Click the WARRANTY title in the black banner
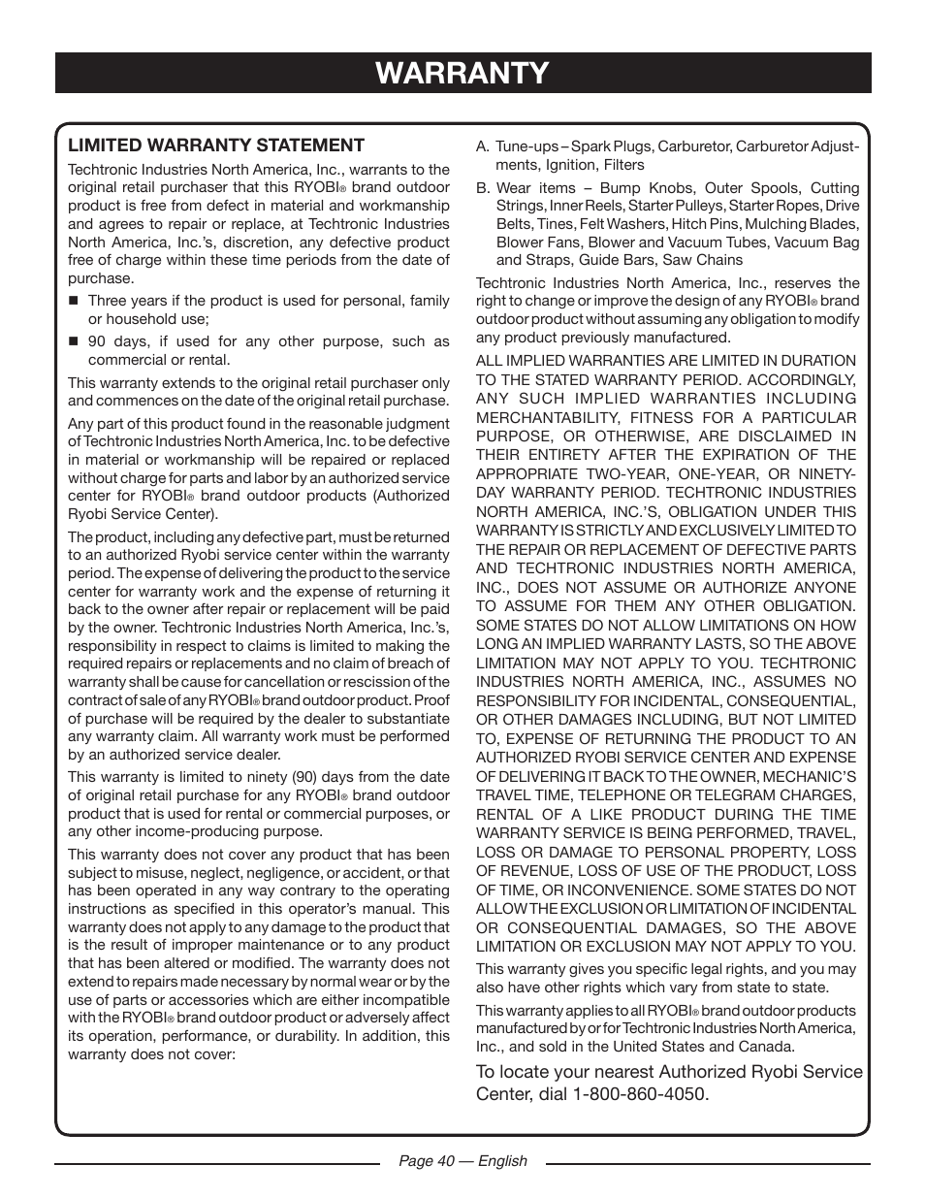(462, 73)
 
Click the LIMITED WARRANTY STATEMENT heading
(215, 146)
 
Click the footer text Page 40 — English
(463, 1160)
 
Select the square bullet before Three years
(73, 301)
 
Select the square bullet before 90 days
(73, 341)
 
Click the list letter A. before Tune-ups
(482, 146)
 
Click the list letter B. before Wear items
(482, 188)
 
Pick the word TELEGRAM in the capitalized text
(707, 795)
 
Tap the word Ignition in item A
(572, 165)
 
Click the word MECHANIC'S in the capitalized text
(809, 777)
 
